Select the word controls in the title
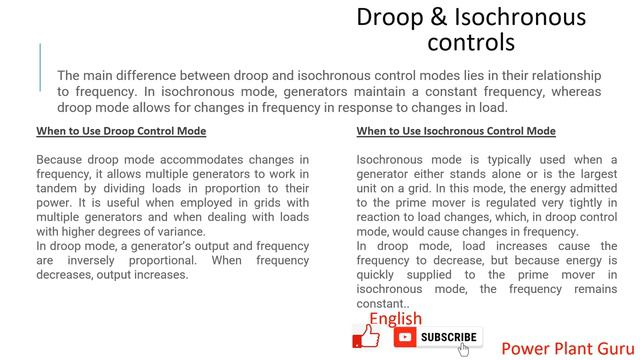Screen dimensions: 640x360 click(470, 42)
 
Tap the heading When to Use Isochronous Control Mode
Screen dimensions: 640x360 click(456, 131)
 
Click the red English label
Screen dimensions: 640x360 click(395, 319)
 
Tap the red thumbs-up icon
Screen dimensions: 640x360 click(367, 337)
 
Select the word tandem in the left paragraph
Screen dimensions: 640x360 click(58, 188)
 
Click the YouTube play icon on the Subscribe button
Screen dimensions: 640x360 click(406, 338)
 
